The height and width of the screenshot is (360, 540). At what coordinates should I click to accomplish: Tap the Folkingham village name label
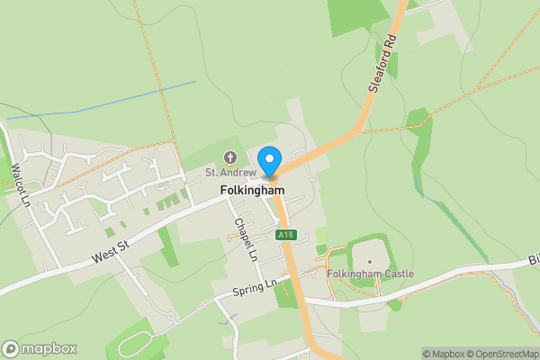tap(252, 192)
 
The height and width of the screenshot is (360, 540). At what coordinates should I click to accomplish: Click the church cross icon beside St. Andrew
tap(229, 157)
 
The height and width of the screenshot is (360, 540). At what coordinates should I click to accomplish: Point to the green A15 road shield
tap(285, 235)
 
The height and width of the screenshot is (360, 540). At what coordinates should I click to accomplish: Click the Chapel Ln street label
tap(246, 238)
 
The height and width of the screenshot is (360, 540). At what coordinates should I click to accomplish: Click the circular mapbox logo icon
tap(11, 349)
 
